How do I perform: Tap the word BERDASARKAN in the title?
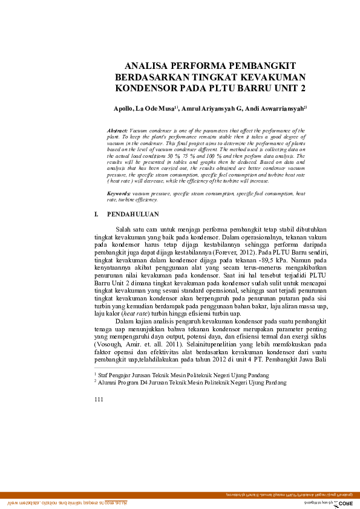coord(151,77)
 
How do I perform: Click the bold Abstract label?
coord(117,131)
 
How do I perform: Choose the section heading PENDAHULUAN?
coord(133,214)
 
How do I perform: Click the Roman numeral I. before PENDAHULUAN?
coord(96,214)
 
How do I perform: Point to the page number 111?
coord(100,400)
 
